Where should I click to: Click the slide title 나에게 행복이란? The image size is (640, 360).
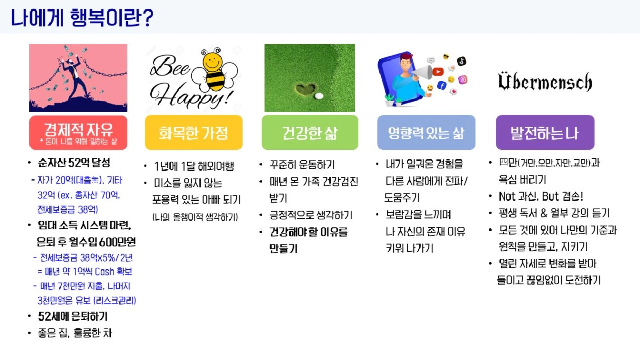pyautogui.click(x=82, y=18)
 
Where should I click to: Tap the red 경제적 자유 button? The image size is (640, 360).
pyautogui.click(x=78, y=133)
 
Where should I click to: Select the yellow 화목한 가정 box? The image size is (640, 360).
pyautogui.click(x=194, y=133)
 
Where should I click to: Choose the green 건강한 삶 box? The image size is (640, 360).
pyautogui.click(x=310, y=133)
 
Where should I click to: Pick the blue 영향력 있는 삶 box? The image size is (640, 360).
pyautogui.click(x=426, y=133)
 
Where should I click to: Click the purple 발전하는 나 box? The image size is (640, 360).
pyautogui.click(x=545, y=133)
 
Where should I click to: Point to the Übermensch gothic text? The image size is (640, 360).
pyautogui.click(x=545, y=82)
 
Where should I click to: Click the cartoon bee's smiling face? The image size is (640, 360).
pyautogui.click(x=212, y=61)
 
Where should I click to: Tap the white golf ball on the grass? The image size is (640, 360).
pyautogui.click(x=318, y=96)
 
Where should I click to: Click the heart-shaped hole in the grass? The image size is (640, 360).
pyautogui.click(x=306, y=89)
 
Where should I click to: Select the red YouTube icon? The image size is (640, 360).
pyautogui.click(x=438, y=72)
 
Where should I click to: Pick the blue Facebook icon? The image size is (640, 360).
pyautogui.click(x=442, y=85)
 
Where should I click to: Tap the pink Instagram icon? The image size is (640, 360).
pyautogui.click(x=463, y=79)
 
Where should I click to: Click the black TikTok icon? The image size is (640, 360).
pyautogui.click(x=462, y=61)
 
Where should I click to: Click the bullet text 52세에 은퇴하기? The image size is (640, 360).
pyautogui.click(x=73, y=316)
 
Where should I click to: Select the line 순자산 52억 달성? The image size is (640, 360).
pyautogui.click(x=74, y=163)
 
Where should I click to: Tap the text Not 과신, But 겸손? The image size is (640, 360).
pyautogui.click(x=541, y=196)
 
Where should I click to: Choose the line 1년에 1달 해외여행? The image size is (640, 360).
pyautogui.click(x=194, y=166)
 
